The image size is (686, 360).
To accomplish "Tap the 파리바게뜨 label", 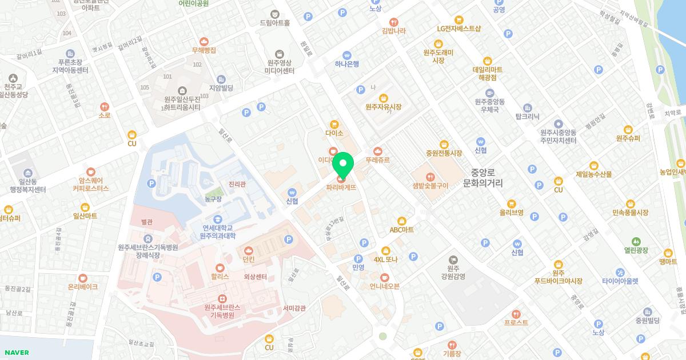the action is click(342, 186).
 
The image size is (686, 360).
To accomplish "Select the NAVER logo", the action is click(15, 353).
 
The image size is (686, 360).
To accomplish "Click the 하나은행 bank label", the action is click(347, 64).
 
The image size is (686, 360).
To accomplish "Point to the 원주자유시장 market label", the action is click(384, 107).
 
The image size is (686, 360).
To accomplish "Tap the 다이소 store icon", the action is click(334, 124).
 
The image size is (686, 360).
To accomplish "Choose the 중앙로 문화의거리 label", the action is click(483, 178).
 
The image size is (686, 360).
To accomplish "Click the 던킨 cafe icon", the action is click(249, 250).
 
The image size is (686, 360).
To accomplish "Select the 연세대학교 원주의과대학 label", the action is click(218, 231).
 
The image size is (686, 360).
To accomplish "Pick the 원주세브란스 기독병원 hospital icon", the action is click(222, 298).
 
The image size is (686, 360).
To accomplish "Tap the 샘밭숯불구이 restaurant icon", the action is click(430, 176).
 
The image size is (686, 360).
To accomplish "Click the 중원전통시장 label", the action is click(444, 153).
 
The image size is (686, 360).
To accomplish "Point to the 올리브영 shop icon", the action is click(512, 203).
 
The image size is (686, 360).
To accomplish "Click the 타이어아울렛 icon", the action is click(620, 272).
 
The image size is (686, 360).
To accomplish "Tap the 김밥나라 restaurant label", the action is click(393, 31).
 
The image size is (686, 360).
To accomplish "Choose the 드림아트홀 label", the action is click(275, 23).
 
